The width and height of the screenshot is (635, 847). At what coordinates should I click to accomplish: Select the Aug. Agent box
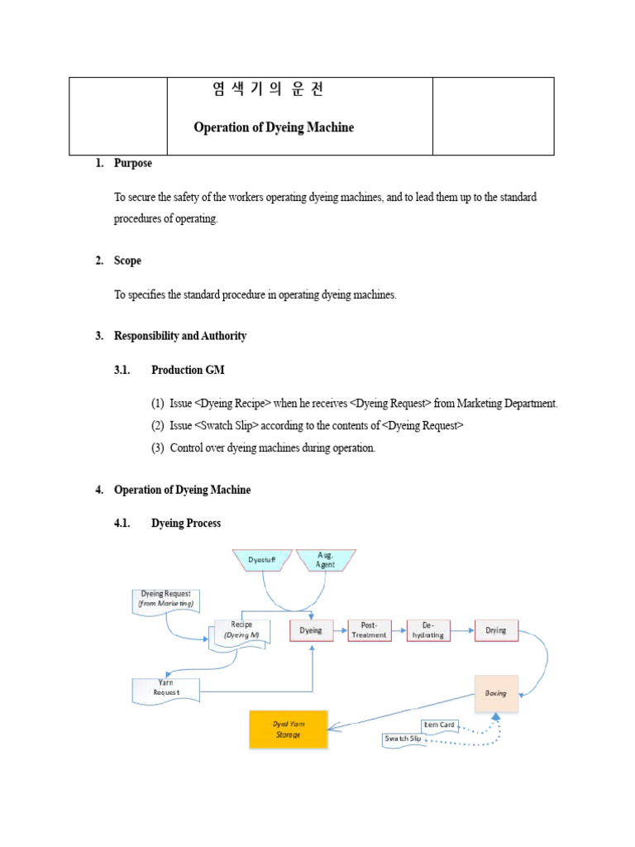pos(326,560)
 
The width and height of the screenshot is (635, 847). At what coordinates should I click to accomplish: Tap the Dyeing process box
pos(311,630)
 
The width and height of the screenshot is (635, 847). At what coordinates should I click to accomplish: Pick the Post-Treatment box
pos(369,630)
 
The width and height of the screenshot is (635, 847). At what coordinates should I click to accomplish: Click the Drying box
pos(496,630)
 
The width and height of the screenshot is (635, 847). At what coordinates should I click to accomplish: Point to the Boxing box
pos(496,693)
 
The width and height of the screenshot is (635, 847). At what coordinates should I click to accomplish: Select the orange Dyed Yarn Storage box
pos(289,729)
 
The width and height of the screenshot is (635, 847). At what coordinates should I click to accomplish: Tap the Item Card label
pos(439,725)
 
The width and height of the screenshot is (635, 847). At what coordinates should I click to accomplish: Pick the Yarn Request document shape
pos(167,688)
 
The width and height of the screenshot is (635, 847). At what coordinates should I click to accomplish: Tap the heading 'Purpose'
pos(133,164)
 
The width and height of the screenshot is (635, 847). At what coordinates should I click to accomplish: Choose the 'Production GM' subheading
pos(188,370)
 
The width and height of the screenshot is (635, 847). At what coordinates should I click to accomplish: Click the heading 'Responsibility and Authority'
pos(180,336)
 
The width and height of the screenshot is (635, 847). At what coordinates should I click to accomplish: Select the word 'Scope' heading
pos(127,261)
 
